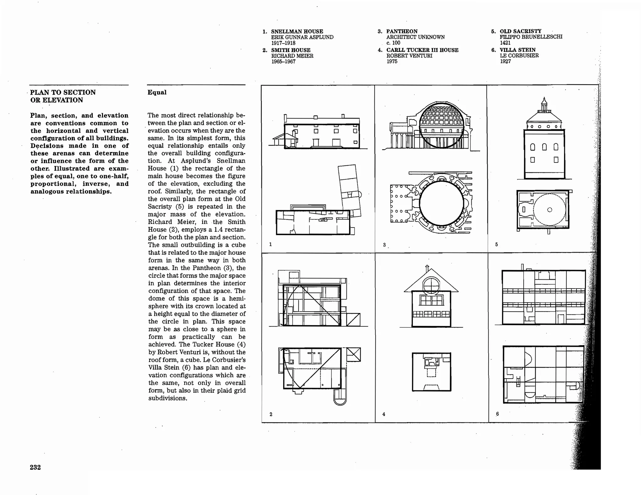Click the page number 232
click(x=35, y=467)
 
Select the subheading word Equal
click(x=157, y=92)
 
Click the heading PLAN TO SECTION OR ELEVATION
click(x=63, y=96)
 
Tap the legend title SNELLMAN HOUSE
click(x=297, y=32)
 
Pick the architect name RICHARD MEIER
click(x=292, y=56)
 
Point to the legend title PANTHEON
click(x=402, y=31)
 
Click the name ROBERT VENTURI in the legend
click(x=409, y=56)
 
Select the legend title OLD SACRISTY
click(x=520, y=31)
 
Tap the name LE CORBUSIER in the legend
click(x=519, y=56)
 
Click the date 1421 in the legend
click(x=505, y=43)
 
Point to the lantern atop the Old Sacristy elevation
click(x=544, y=105)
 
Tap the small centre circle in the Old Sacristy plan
click(x=550, y=210)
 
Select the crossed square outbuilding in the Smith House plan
click(x=353, y=355)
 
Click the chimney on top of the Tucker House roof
click(x=427, y=268)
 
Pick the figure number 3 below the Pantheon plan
click(x=384, y=245)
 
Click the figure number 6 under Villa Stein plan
click(x=497, y=414)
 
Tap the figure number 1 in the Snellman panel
click(x=270, y=244)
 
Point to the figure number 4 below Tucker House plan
click(x=384, y=414)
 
